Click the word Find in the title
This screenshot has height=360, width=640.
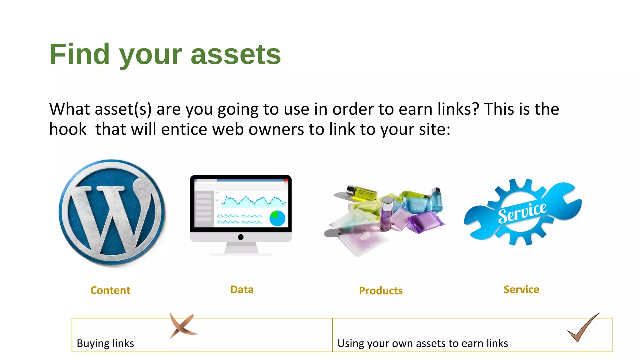[x=79, y=54]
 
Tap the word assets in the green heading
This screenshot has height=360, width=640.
[x=236, y=55]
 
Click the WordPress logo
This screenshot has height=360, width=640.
[x=112, y=213]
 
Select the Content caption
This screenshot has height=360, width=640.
[x=110, y=290]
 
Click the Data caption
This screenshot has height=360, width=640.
[x=242, y=290]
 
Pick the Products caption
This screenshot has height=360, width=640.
[x=381, y=291]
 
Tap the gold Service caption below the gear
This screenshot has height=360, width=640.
[x=521, y=290]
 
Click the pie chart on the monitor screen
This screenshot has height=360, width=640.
[x=277, y=218]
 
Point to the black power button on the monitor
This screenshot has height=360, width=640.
[x=241, y=237]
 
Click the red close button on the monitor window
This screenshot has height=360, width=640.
[x=286, y=180]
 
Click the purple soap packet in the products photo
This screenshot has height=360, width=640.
[x=426, y=221]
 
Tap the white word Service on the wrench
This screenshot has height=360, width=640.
[x=522, y=212]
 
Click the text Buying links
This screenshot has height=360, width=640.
[x=105, y=343]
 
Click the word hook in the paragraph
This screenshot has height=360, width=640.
[x=68, y=129]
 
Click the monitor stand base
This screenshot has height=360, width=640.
[x=241, y=254]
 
